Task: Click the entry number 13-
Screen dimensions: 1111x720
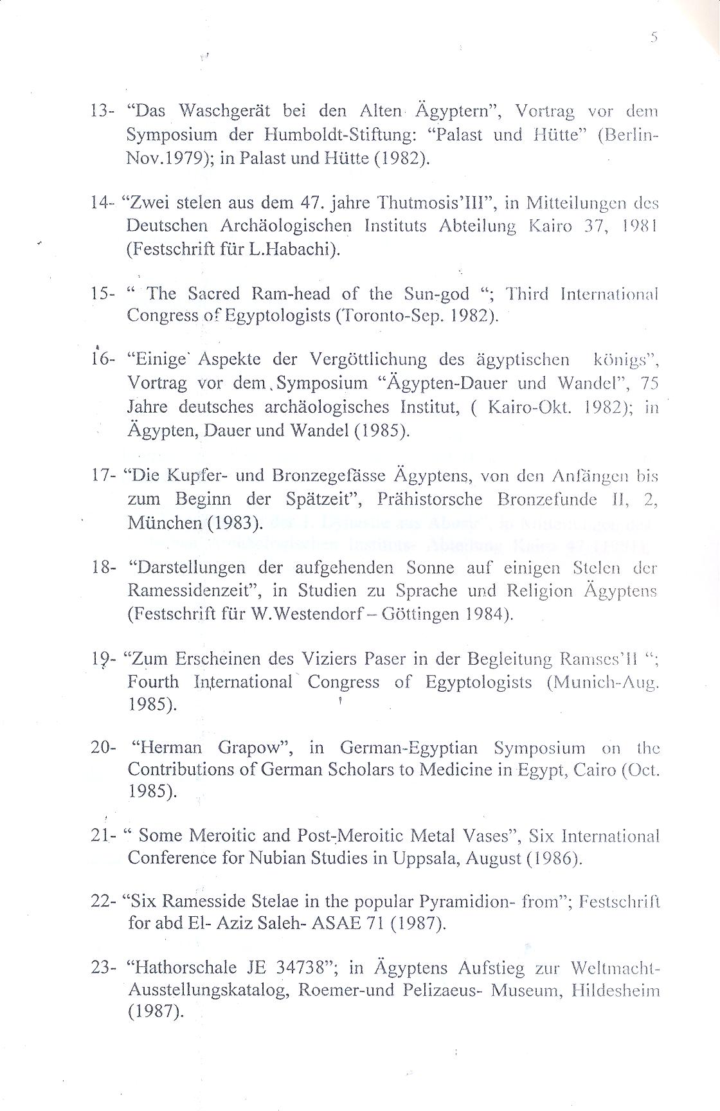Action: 102,111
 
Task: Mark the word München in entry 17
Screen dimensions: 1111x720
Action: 165,521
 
